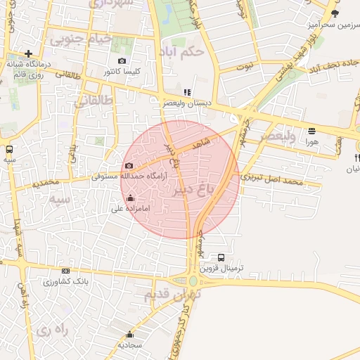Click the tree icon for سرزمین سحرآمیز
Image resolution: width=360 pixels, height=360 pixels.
coord(335,13)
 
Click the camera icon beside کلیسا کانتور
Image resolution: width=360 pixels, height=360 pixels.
coord(123,61)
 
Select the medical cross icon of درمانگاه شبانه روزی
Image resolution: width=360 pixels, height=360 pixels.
coord(28,53)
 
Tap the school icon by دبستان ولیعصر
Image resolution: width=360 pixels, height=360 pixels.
coord(186,92)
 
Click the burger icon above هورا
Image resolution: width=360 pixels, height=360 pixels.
coord(311,131)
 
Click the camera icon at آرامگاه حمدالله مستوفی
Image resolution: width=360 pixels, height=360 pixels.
coord(129,166)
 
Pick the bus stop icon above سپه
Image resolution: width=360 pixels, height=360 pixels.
coord(9,149)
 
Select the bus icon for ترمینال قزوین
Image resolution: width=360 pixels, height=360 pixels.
coord(221,257)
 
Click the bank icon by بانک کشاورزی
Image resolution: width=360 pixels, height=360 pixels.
coord(66,271)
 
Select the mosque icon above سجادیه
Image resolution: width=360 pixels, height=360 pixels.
coord(129,334)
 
